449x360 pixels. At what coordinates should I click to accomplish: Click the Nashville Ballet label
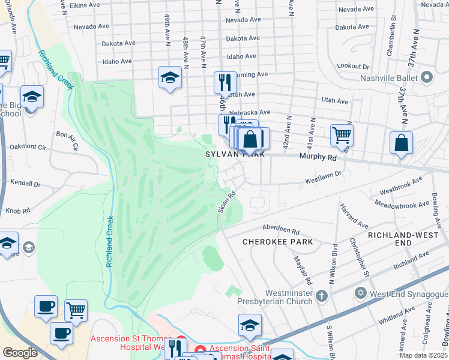(x=390, y=77)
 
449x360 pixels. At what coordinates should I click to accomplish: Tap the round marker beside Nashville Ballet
(x=427, y=77)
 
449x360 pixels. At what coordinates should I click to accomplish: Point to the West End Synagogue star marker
(x=360, y=293)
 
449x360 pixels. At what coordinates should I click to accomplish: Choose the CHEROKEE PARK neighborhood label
(x=277, y=242)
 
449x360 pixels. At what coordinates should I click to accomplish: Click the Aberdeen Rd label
(x=281, y=230)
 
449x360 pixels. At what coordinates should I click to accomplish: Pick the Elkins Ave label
(x=85, y=5)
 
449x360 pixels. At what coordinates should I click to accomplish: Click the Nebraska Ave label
(x=256, y=112)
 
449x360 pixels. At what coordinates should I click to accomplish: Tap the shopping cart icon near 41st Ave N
(x=342, y=135)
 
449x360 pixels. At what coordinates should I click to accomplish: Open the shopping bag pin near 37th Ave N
(x=401, y=143)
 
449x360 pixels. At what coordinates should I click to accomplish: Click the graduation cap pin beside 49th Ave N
(x=170, y=77)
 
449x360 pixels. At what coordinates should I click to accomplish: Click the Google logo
(x=20, y=353)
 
